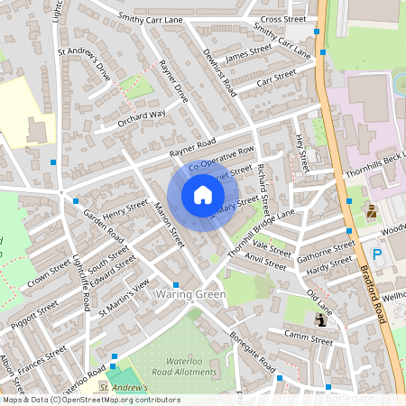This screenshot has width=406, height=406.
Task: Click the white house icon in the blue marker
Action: click(x=202, y=195)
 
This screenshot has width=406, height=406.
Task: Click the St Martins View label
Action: click(x=124, y=297)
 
